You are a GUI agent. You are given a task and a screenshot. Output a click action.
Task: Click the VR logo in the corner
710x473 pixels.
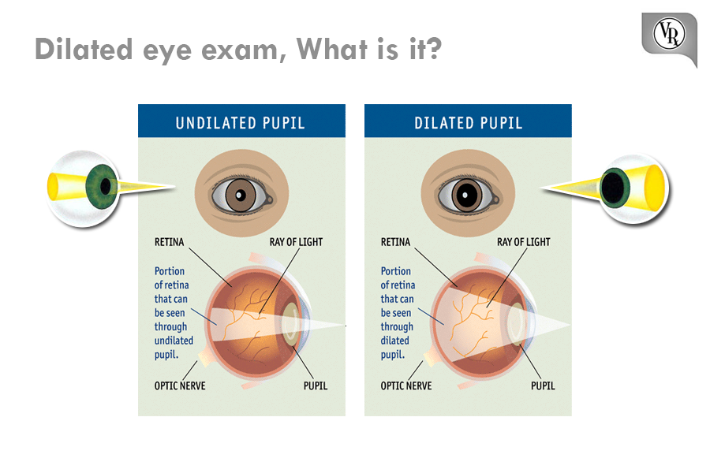coord(669,35)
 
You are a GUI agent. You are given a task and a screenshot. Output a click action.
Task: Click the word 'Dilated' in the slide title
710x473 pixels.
coord(84,49)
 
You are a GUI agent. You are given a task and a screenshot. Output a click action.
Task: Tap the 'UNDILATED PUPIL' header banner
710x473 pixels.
coord(241,121)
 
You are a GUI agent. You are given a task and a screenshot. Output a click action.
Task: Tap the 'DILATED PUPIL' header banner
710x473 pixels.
coord(468,121)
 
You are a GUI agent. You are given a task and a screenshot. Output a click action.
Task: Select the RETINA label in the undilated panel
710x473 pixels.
coord(170,242)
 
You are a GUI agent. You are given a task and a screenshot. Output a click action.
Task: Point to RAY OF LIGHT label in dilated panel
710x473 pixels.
coord(524,242)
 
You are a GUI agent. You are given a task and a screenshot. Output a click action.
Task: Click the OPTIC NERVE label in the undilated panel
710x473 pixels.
coord(180,385)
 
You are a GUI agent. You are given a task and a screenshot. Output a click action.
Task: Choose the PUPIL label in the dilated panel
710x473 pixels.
coord(543,385)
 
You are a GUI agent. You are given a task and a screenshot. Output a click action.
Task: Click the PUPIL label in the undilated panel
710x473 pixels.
coord(315,385)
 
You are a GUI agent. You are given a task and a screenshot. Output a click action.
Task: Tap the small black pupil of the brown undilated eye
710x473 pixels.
coord(241,195)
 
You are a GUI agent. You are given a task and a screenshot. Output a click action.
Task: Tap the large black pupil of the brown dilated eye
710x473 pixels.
coord(466,195)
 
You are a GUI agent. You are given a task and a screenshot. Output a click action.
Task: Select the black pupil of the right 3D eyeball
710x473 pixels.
coord(614,188)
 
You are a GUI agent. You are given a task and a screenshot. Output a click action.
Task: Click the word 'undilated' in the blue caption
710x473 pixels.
coord(174,341)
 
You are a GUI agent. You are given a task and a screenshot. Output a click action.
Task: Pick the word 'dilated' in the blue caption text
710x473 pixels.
coord(394,341)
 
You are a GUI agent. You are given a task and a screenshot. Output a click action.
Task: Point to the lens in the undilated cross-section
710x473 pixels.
coord(290,322)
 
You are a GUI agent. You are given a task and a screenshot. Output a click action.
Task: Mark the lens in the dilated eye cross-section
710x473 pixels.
coord(516,322)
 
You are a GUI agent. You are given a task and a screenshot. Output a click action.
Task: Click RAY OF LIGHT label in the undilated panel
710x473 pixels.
coord(296,242)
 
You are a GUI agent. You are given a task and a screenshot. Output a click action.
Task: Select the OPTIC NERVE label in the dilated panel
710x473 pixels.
coord(406,385)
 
